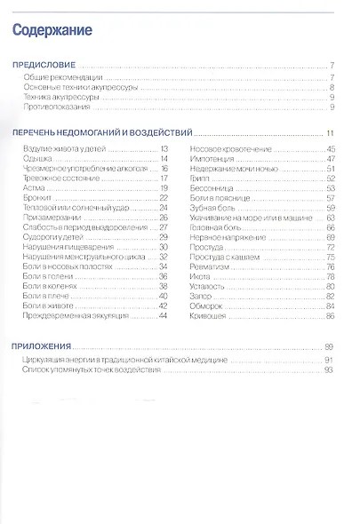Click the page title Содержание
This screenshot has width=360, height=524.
[x=53, y=31]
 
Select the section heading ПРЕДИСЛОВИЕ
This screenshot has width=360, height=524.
[x=43, y=67]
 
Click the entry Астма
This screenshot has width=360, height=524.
[x=33, y=188]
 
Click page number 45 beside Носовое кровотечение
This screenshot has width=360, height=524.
[x=329, y=148]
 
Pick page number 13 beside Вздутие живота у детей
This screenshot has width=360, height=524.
[x=164, y=148]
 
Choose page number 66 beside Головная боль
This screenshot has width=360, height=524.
[x=329, y=226]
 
